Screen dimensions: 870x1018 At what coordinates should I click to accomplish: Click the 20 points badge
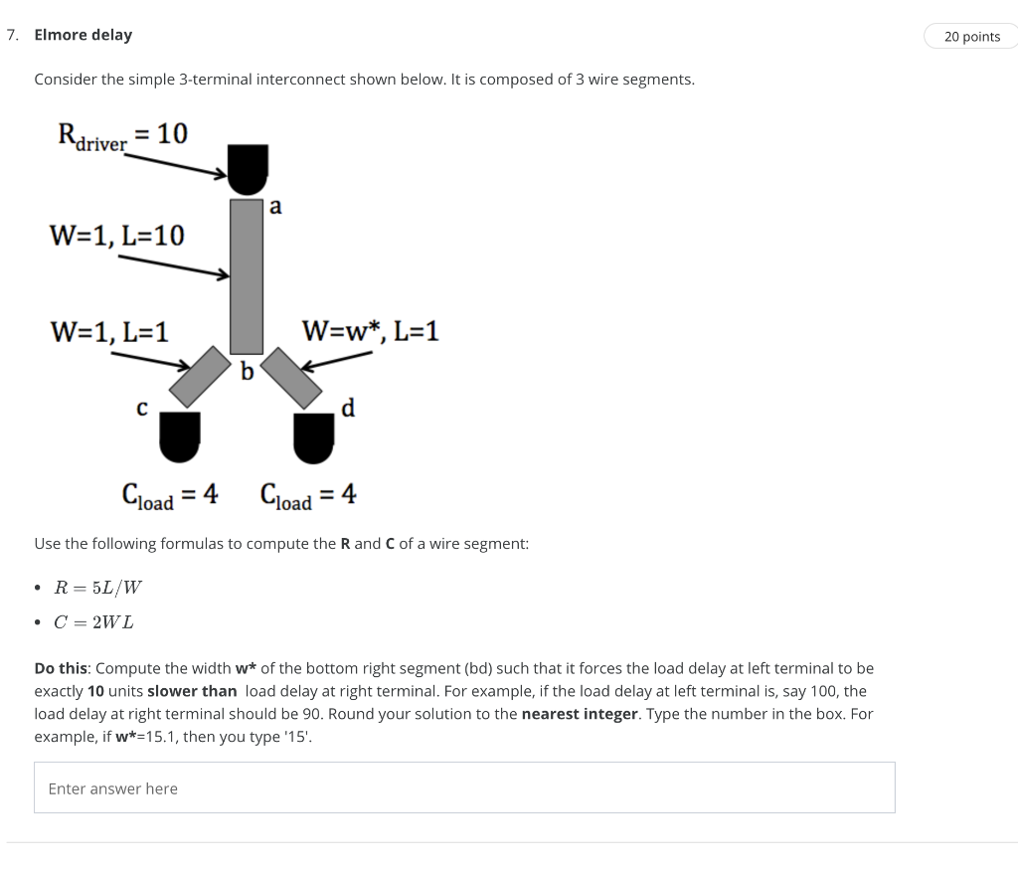click(971, 37)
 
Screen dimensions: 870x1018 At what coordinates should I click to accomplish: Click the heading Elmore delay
click(83, 35)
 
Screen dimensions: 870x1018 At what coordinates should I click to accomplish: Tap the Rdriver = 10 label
click(121, 136)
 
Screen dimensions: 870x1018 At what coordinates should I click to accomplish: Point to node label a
click(275, 207)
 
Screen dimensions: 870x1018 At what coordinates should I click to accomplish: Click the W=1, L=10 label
click(116, 236)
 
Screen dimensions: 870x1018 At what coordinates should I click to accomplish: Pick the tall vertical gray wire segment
click(247, 275)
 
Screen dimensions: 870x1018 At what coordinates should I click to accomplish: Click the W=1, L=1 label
click(108, 331)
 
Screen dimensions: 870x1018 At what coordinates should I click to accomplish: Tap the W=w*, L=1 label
click(370, 331)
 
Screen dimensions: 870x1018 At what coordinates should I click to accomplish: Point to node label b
click(248, 372)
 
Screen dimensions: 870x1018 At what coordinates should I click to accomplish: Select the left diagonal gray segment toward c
click(206, 375)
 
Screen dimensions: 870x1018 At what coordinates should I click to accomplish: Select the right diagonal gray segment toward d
click(291, 377)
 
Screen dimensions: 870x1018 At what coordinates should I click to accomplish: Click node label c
click(142, 408)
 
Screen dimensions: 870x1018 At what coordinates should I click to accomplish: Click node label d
click(348, 408)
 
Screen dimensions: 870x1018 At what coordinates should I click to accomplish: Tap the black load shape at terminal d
click(313, 438)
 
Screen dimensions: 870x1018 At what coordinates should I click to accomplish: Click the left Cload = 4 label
click(170, 494)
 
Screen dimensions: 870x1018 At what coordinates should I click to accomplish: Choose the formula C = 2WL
click(94, 622)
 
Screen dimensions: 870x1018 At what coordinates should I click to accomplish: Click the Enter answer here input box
click(464, 787)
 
